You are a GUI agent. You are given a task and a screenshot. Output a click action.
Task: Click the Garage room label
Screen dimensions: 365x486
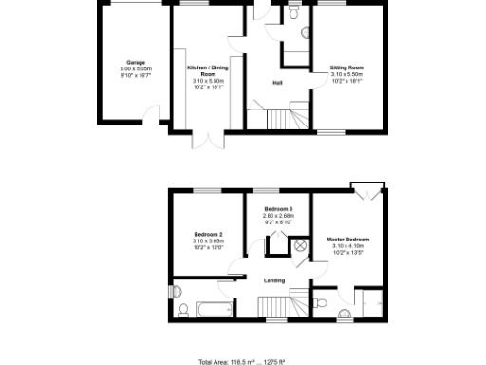coord(135,63)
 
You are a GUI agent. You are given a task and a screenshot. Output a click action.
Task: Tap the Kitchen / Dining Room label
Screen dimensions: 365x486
coord(206,70)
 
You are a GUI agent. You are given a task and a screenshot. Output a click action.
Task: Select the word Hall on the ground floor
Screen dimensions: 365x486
coord(276,83)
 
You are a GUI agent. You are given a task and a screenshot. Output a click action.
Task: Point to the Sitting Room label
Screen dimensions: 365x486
coord(346,67)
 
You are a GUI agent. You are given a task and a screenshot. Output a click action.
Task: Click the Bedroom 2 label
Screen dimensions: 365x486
coord(208,234)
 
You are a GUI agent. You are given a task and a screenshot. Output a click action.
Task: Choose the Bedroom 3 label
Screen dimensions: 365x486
coord(278,208)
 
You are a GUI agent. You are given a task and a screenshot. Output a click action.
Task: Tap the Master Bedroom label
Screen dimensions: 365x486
coord(347,239)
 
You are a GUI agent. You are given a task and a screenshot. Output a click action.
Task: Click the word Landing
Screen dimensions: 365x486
coord(273,279)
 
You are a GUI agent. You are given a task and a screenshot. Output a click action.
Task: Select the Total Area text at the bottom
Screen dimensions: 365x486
coord(241,361)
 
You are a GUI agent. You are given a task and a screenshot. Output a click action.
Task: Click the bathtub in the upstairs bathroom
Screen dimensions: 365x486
coord(212,308)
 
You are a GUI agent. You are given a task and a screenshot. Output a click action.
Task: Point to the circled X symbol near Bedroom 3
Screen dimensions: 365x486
coord(300,245)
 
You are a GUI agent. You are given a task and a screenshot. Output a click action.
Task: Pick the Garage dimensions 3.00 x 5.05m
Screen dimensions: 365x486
coord(135,69)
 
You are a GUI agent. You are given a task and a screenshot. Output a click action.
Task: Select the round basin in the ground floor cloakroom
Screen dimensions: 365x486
coord(305,32)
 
